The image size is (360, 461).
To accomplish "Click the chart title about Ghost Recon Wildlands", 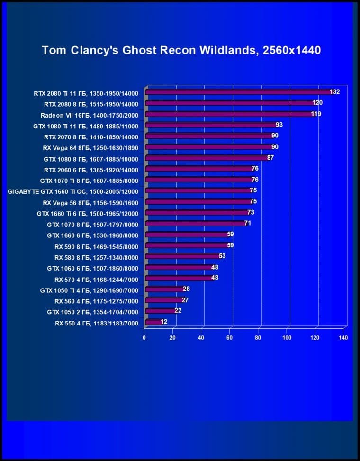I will tap(181, 50).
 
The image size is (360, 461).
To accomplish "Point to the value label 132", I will tap(334, 92).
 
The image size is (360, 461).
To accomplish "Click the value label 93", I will tap(279, 125).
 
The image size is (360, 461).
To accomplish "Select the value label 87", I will tap(270, 158).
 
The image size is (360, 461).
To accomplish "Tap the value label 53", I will tap(222, 256).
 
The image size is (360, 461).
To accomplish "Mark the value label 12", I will tap(163, 322).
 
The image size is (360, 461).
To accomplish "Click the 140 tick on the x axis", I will tap(343, 338).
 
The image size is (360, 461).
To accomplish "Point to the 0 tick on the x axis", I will tap(144, 338).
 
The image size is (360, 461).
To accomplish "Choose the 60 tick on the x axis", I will tap(230, 338).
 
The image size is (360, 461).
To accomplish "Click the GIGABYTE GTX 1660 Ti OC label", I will tap(73, 191).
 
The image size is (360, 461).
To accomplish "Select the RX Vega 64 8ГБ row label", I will tap(90, 147).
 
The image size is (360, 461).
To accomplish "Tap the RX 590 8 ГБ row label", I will tap(96, 246).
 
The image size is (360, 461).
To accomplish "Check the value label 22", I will tap(178, 311).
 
